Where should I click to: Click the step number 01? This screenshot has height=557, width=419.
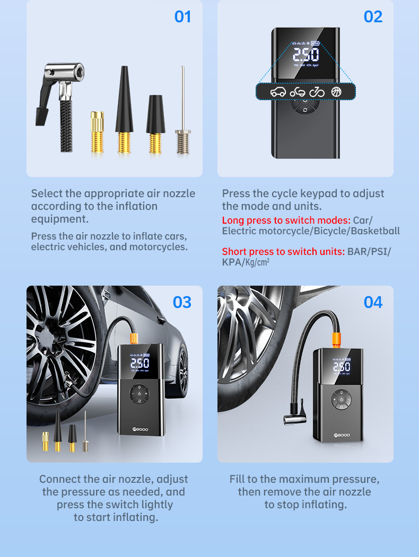(182, 17)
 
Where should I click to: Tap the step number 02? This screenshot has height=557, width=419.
(373, 17)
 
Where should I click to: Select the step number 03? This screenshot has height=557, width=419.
(182, 302)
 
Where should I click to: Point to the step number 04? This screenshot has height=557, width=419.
(373, 302)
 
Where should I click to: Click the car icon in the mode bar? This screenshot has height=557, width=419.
(278, 92)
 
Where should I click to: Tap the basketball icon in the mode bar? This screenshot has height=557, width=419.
(336, 92)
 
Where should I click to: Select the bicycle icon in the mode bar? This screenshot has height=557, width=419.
(317, 92)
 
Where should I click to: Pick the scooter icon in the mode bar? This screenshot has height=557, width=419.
(297, 92)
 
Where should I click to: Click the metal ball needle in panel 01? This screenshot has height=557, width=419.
(183, 110)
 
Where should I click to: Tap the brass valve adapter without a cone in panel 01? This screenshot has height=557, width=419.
(97, 132)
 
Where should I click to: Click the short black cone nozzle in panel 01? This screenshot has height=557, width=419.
(155, 124)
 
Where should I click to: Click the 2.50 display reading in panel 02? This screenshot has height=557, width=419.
(305, 55)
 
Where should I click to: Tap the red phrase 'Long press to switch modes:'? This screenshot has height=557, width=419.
(286, 220)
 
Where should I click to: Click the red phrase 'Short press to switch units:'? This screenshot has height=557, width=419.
(283, 252)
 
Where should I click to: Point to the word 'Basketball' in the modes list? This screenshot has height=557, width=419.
(376, 231)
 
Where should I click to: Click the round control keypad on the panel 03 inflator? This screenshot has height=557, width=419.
(139, 394)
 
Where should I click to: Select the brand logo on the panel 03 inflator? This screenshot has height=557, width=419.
(140, 429)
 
